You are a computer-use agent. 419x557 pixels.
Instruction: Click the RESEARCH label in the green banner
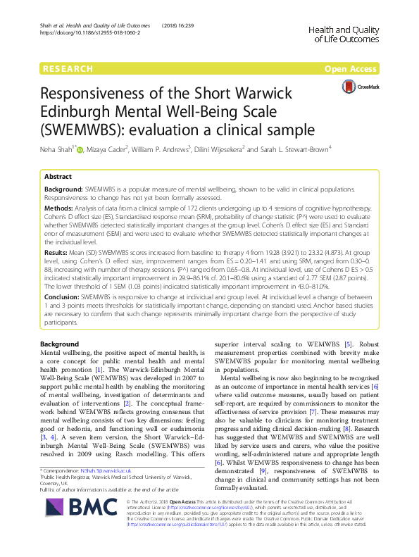coord(68,69)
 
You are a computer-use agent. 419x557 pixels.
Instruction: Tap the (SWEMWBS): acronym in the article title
coord(94,130)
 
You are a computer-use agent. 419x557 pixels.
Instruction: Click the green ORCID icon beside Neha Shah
coord(80,149)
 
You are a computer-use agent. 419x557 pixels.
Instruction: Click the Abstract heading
coord(58,177)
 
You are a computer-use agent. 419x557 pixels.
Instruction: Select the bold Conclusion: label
coord(63,298)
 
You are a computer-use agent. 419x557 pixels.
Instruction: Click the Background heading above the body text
coord(60,343)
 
